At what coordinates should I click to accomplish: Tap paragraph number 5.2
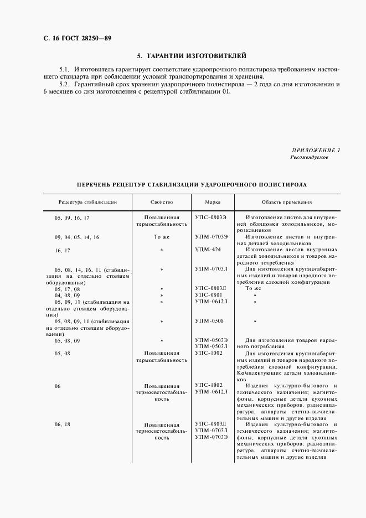tap(64, 84)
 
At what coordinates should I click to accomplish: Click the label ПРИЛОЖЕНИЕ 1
tap(315, 151)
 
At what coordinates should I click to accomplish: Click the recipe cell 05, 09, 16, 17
tap(72, 218)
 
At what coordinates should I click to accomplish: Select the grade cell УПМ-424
tap(208, 250)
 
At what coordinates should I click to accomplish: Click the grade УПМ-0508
tap(209, 320)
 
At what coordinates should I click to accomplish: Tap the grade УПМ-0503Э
tap(212, 340)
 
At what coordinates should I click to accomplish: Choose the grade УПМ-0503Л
tap(212, 346)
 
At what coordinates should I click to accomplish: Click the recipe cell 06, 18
tap(63, 424)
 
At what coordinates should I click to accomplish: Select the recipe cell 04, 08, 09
tap(68, 295)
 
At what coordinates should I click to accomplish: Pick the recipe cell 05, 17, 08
tap(68, 288)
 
